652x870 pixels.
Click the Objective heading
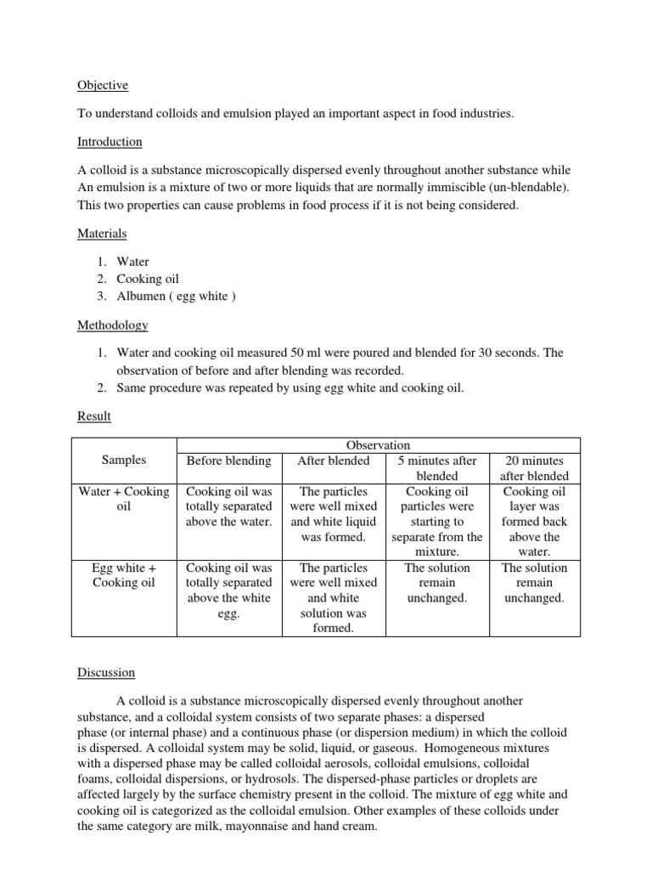103,85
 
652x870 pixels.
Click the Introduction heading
110,141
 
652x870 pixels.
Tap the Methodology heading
112,325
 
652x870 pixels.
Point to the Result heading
93,416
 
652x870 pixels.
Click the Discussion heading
106,672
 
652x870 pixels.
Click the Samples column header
124,460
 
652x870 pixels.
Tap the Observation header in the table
378,444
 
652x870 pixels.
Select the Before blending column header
228,460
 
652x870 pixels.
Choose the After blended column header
334,460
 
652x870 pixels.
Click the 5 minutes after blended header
437,468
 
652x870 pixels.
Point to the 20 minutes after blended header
534,468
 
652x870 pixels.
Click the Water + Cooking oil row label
124,499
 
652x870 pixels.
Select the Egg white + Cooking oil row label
124,575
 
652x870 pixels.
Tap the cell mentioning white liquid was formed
334,514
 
